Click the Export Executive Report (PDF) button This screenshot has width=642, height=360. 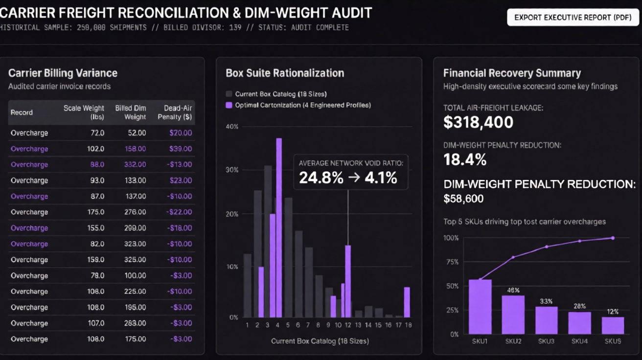(573, 18)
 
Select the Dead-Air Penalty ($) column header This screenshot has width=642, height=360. (175, 112)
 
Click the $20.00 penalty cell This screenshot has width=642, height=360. (181, 133)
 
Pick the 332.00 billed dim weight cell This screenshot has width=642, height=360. (135, 164)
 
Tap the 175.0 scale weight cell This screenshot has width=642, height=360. (96, 212)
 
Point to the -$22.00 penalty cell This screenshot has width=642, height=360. (179, 212)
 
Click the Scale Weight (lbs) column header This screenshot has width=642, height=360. (84, 112)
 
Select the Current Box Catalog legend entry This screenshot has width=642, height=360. (276, 94)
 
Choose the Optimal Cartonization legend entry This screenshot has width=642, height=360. (298, 105)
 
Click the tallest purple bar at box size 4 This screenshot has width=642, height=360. (279, 227)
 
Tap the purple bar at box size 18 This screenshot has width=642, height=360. (407, 302)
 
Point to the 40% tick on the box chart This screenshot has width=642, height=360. (232, 127)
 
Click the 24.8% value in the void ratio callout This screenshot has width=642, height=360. (321, 178)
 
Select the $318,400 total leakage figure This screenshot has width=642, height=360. (479, 122)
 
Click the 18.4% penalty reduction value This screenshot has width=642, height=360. (465, 159)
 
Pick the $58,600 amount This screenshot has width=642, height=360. (463, 199)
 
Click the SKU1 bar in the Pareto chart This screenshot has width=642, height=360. (480, 307)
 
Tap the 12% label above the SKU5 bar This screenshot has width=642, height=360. (613, 312)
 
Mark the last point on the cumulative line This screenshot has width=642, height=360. (613, 238)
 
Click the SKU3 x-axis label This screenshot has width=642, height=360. (546, 341)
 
